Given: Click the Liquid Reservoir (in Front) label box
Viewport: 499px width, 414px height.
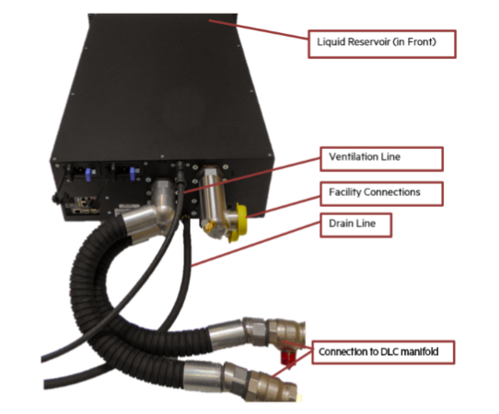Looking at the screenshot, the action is pyautogui.click(x=382, y=44).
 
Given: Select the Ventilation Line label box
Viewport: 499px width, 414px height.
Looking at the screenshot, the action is pyautogui.click(x=381, y=158).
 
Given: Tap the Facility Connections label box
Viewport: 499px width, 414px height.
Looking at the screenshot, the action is pyautogui.click(x=381, y=193).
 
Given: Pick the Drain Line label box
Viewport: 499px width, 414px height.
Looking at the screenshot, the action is pyautogui.click(x=355, y=225).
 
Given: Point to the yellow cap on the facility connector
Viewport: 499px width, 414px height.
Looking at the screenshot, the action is pyautogui.click(x=239, y=223).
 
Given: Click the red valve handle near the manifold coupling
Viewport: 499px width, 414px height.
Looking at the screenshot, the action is pyautogui.click(x=287, y=358).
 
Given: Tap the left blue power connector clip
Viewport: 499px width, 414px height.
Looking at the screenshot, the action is pyautogui.click(x=88, y=175).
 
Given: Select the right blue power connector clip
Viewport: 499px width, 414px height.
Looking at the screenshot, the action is pyautogui.click(x=133, y=174).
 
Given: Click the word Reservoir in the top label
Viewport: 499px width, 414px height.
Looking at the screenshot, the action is pyautogui.click(x=369, y=42).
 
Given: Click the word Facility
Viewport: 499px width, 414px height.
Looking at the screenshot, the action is pyautogui.click(x=345, y=192).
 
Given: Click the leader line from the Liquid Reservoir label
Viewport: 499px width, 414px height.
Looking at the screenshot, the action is pyautogui.click(x=259, y=29).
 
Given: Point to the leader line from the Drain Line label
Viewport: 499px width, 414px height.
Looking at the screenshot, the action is pyautogui.click(x=255, y=244).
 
